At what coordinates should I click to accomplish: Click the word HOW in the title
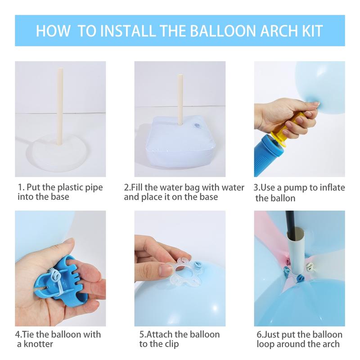click(x=52, y=31)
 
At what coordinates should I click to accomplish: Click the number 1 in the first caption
click(x=20, y=187)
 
